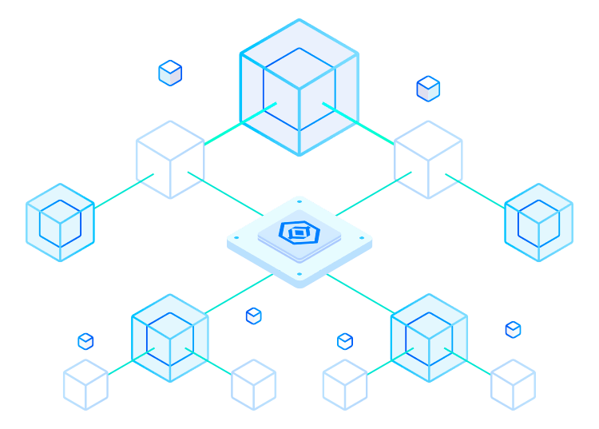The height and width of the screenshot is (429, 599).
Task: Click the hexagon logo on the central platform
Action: coord(299,233)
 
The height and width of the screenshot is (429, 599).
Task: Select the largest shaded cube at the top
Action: coord(299,88)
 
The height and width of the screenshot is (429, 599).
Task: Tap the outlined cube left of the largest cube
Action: coord(170,160)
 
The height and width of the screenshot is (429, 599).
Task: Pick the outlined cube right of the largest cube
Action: coord(428,160)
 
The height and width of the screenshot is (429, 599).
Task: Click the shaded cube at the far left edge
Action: coord(60,223)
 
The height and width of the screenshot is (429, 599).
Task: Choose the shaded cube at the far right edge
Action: coord(538,223)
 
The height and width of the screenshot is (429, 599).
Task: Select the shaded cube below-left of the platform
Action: coord(170,337)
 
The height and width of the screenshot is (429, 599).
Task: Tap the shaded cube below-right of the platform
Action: coord(429,337)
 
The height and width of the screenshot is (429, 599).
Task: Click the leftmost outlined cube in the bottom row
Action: coord(85,384)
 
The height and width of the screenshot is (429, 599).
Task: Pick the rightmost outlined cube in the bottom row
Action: coord(513,384)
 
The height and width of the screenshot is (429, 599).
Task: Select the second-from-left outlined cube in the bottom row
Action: coord(254,384)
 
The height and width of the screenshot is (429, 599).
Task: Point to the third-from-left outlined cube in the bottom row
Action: coord(345,384)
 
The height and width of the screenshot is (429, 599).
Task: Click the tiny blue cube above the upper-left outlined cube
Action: coord(170,73)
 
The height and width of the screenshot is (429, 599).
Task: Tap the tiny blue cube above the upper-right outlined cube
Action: coord(428,89)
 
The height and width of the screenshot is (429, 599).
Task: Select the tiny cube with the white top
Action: coord(345,341)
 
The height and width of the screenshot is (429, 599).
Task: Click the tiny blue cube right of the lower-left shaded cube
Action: coord(253,316)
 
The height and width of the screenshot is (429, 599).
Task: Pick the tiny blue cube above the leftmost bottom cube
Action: coord(85,341)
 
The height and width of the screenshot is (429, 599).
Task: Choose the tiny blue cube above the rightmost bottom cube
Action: coord(513,329)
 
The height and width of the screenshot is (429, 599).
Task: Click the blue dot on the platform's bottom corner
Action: coord(299,274)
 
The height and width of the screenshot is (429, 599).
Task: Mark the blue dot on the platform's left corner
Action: coord(237,237)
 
